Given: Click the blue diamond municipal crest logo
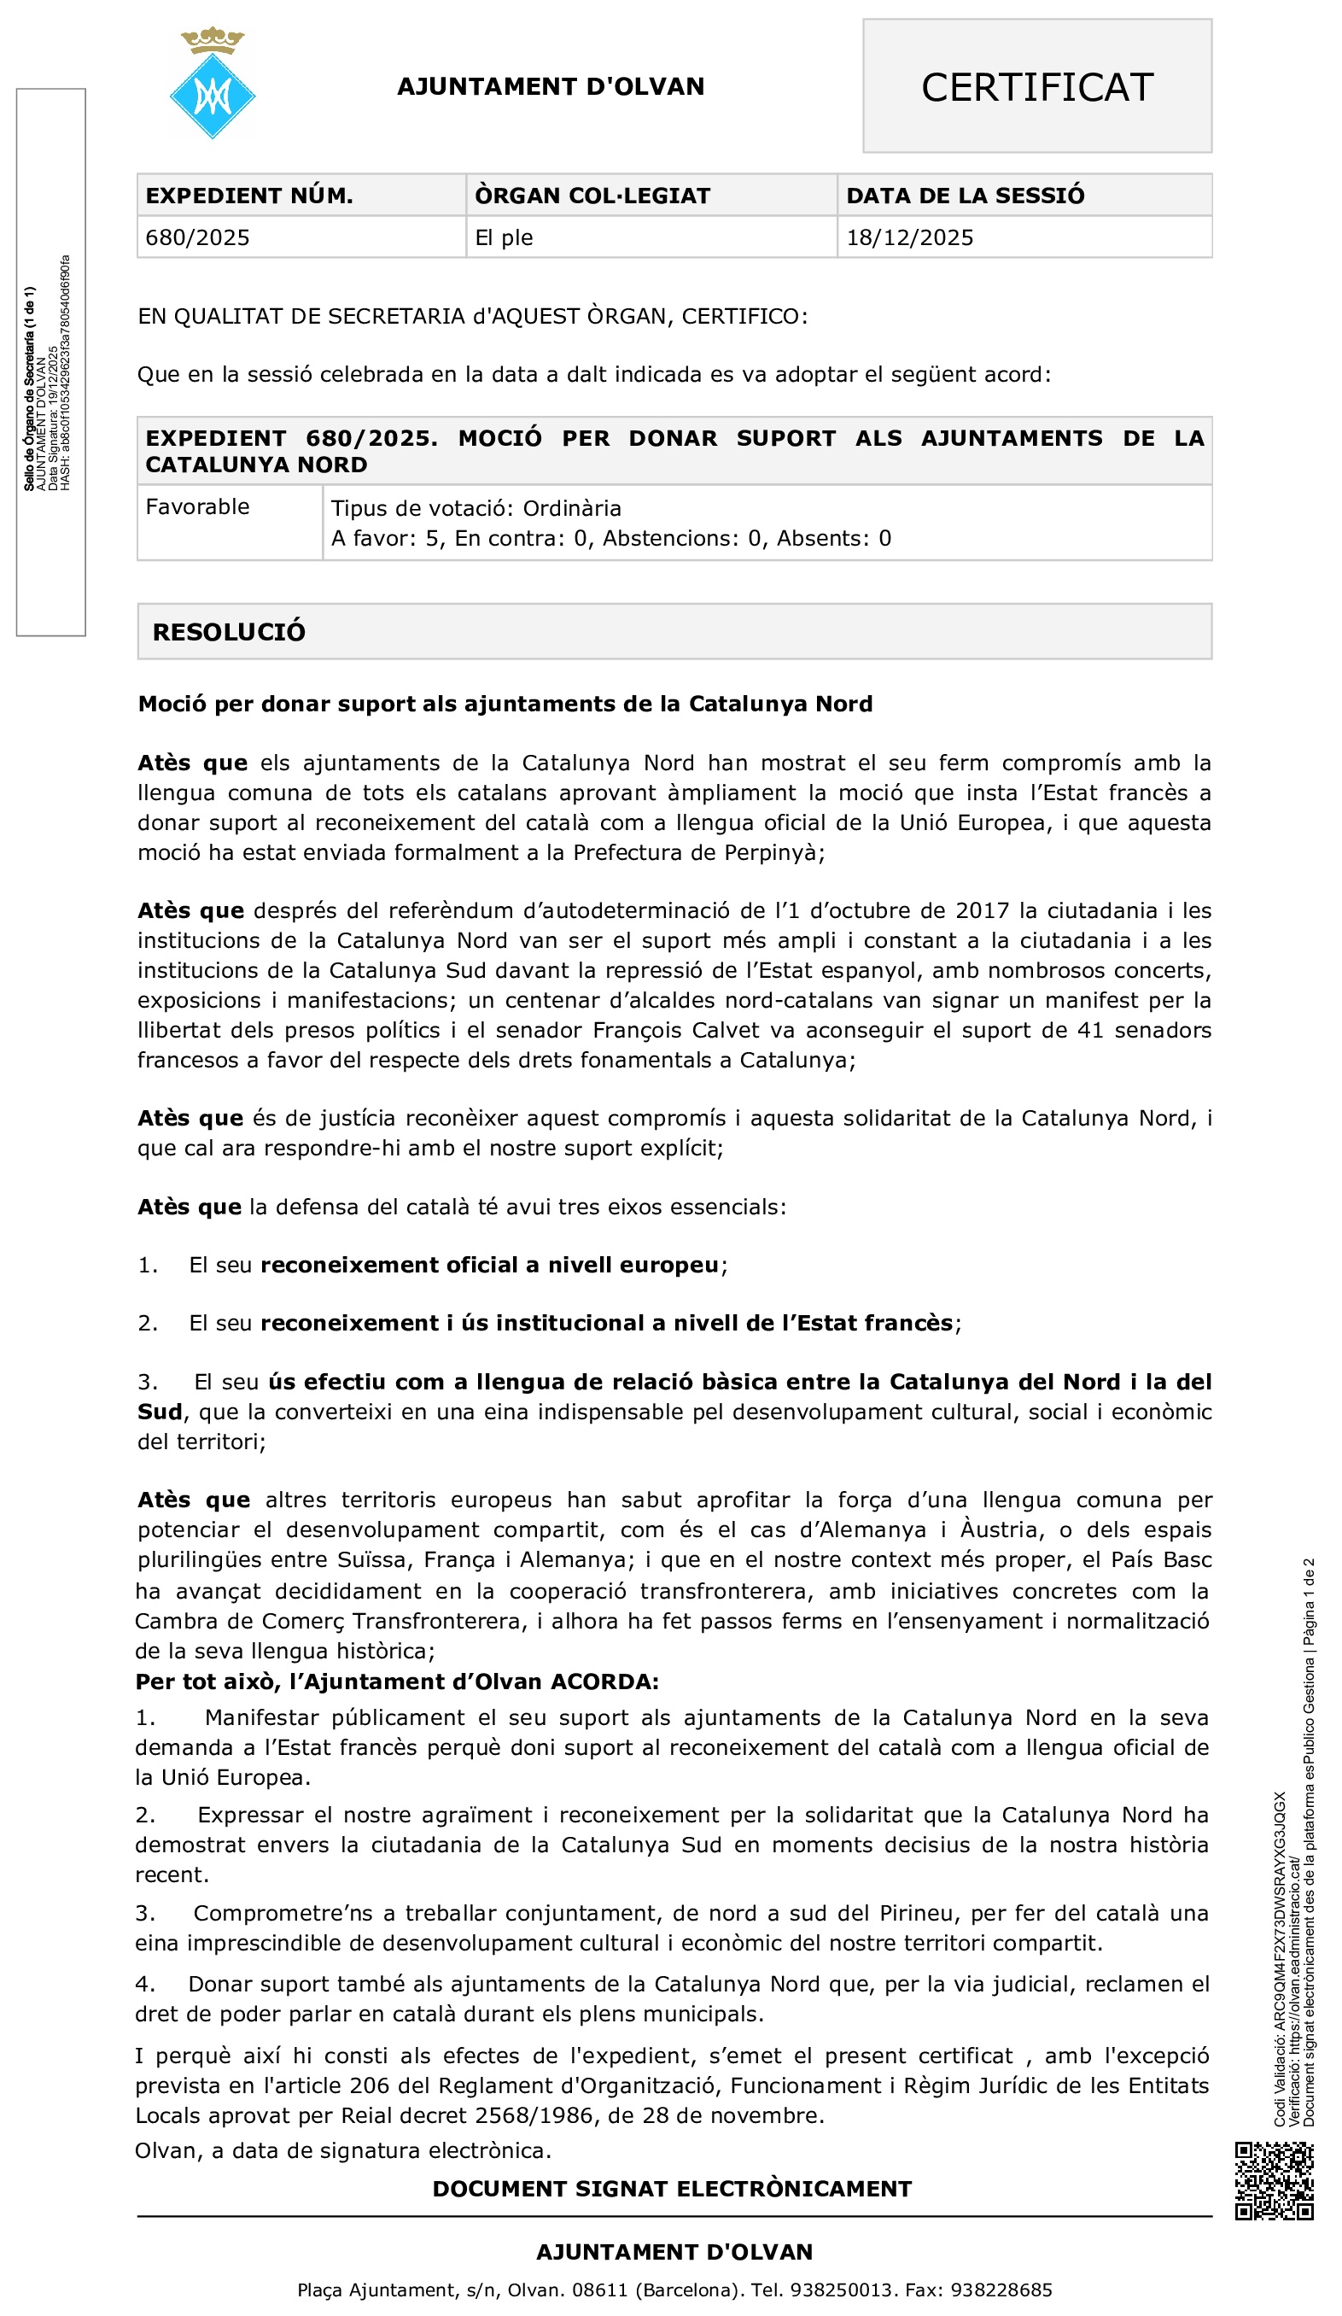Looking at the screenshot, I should (213, 92).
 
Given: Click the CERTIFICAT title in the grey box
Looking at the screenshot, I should (1036, 87).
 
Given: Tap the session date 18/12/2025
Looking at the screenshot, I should (909, 238).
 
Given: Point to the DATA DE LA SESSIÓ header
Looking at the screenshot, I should (965, 196).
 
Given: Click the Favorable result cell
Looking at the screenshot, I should (197, 506).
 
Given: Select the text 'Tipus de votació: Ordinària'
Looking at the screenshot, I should (476, 508).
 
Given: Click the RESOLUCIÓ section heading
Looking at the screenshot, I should (229, 632).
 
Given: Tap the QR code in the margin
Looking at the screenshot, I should (1274, 2180).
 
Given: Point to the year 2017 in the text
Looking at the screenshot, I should (983, 911).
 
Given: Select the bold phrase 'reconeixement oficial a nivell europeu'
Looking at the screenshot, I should (489, 1265).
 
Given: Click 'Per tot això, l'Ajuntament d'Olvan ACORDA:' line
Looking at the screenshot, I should (397, 1681).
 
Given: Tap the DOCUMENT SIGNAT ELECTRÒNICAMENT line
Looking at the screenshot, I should (672, 2188).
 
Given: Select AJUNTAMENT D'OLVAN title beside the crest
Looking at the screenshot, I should (551, 87).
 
